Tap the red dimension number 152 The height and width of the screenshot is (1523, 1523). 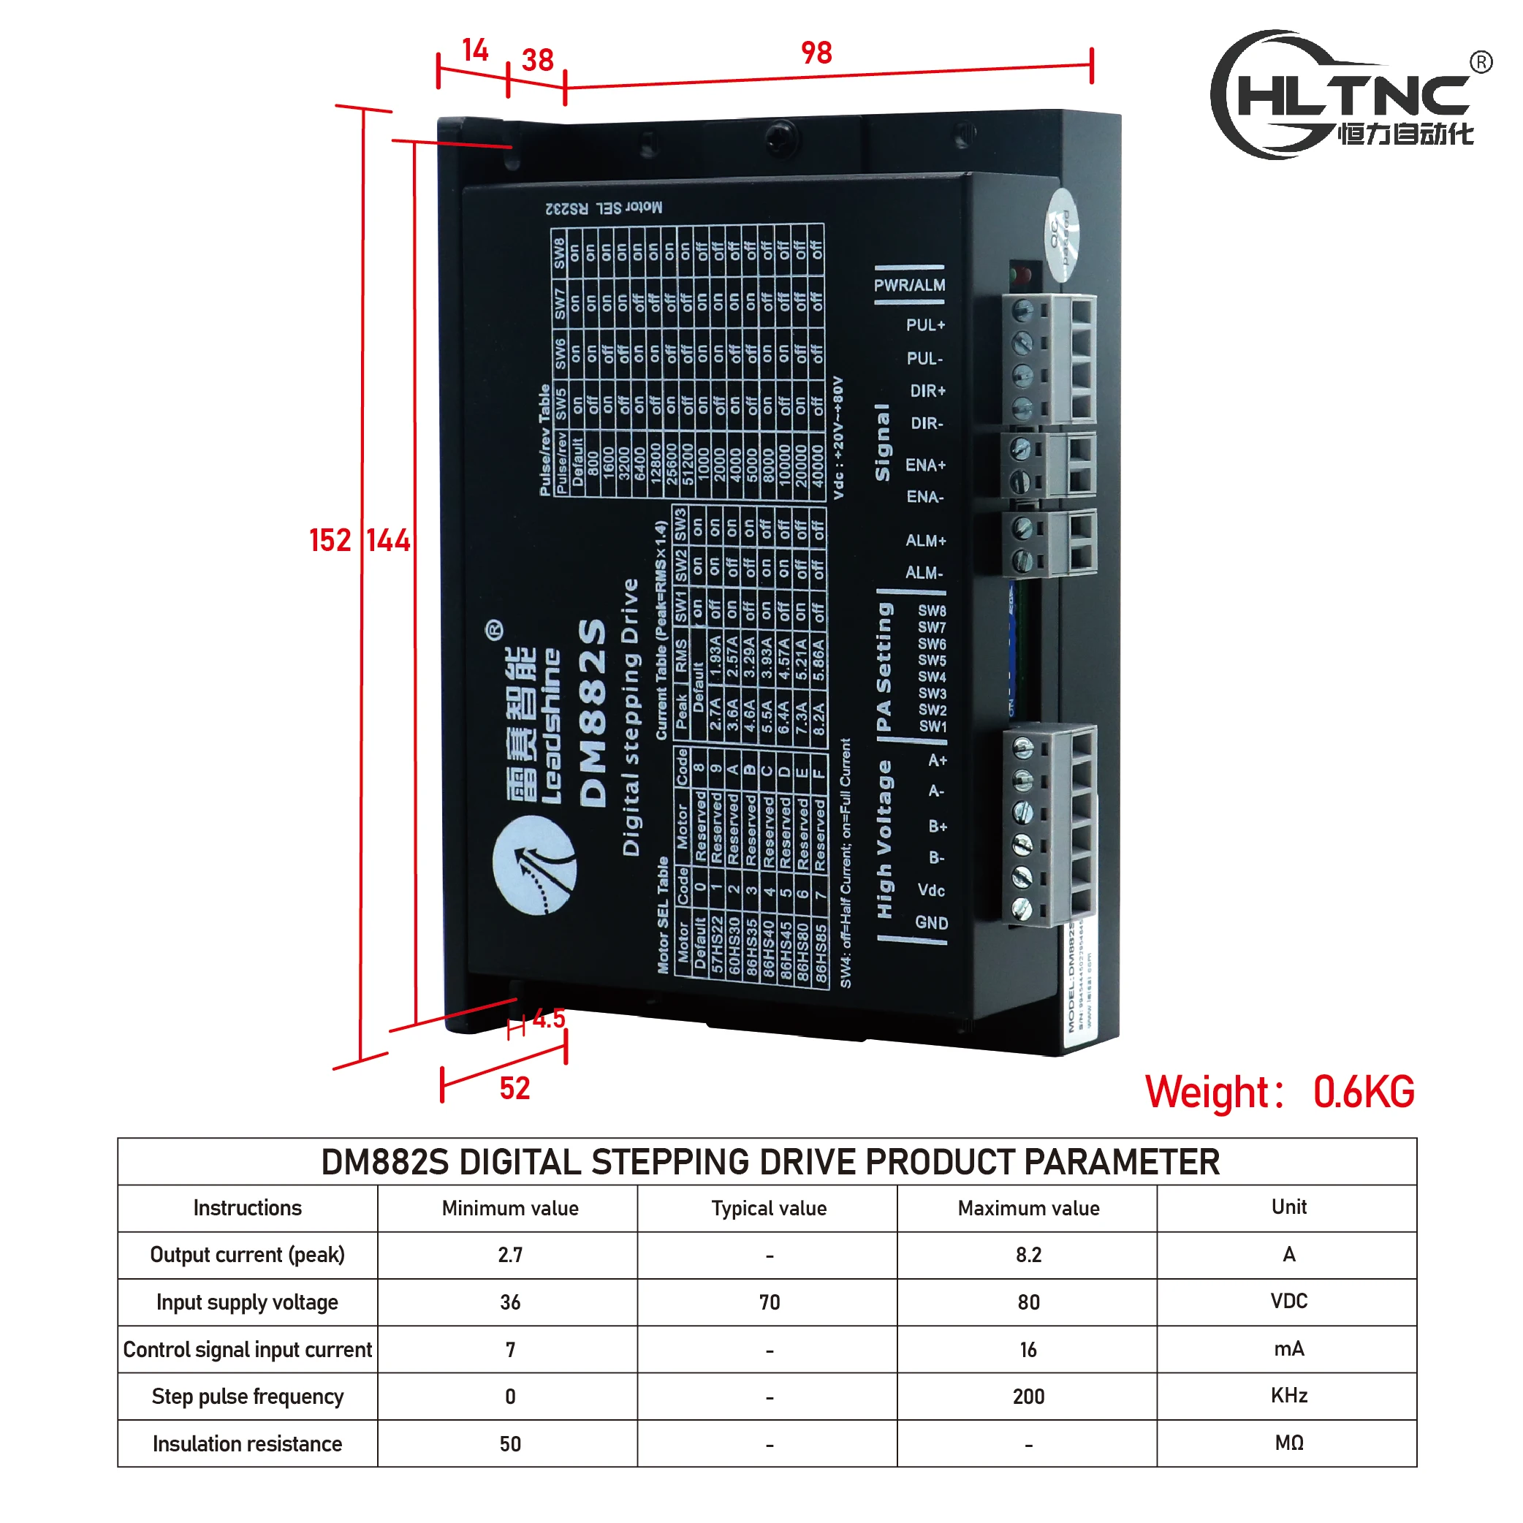(x=330, y=541)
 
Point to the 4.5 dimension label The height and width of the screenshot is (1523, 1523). (x=549, y=1019)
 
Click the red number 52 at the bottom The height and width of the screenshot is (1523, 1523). (x=514, y=1089)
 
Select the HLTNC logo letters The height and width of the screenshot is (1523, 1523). (x=1353, y=96)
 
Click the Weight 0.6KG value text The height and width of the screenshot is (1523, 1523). (x=1363, y=1093)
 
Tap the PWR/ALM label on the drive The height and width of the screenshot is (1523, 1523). (x=909, y=285)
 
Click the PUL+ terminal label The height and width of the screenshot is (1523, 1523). (x=924, y=324)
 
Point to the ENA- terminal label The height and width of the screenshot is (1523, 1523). (x=924, y=497)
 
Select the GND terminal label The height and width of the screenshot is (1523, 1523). (x=931, y=922)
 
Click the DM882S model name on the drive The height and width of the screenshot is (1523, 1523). (x=593, y=713)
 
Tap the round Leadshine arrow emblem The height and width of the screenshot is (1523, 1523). (x=534, y=865)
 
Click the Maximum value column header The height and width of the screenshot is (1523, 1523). (x=1028, y=1209)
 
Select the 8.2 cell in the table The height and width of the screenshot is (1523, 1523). (x=1028, y=1255)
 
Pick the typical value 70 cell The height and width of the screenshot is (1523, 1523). (x=769, y=1302)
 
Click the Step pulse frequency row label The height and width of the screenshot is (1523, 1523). (x=248, y=1396)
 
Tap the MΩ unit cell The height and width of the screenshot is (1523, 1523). (x=1288, y=1443)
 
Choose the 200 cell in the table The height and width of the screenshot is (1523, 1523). (x=1028, y=1396)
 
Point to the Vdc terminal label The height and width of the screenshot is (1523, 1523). (x=930, y=890)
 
